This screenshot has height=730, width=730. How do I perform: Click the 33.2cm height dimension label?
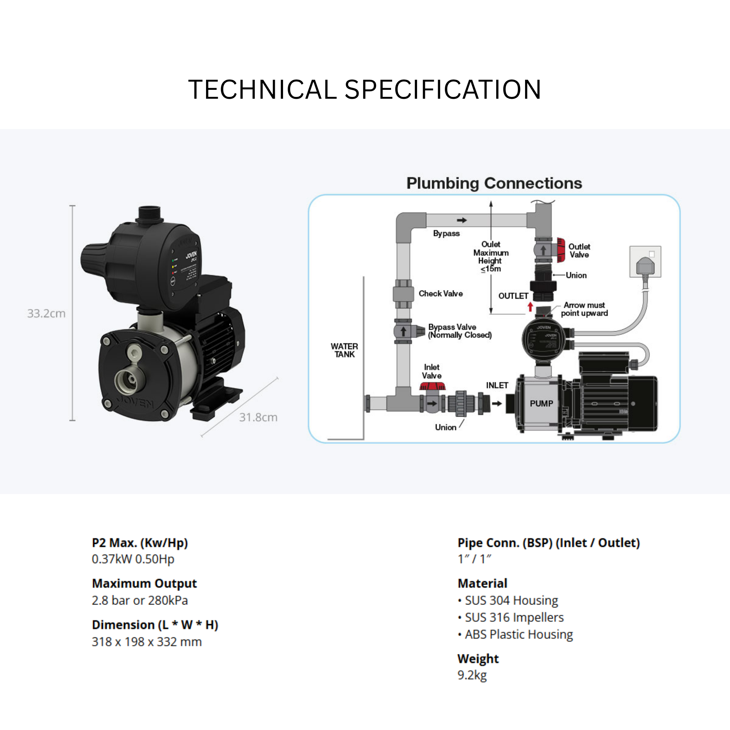(46, 313)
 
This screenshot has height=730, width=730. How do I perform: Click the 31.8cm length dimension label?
(258, 417)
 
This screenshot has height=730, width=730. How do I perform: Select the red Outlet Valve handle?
(561, 250)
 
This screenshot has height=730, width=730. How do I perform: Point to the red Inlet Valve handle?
(433, 386)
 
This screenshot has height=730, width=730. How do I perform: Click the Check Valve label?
(440, 294)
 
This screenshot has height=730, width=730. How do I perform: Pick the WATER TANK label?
(344, 350)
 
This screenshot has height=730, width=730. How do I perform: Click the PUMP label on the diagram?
(541, 403)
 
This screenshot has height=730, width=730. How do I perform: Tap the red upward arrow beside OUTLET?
(530, 307)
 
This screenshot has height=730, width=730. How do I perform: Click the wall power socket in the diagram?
(645, 262)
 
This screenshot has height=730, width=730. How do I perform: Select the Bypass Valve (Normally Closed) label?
(459, 331)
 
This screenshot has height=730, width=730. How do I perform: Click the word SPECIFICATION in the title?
(442, 89)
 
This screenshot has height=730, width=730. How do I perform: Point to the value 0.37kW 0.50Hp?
(133, 559)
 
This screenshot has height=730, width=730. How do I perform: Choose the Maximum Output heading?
(144, 584)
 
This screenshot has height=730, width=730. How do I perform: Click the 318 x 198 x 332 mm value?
(146, 642)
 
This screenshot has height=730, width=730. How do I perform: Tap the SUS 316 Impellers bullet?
(514, 617)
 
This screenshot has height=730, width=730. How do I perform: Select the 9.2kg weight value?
(472, 675)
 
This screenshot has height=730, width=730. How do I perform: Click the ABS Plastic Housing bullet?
(518, 634)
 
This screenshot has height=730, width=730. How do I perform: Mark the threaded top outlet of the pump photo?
(150, 214)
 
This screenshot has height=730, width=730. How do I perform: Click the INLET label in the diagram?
(497, 385)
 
